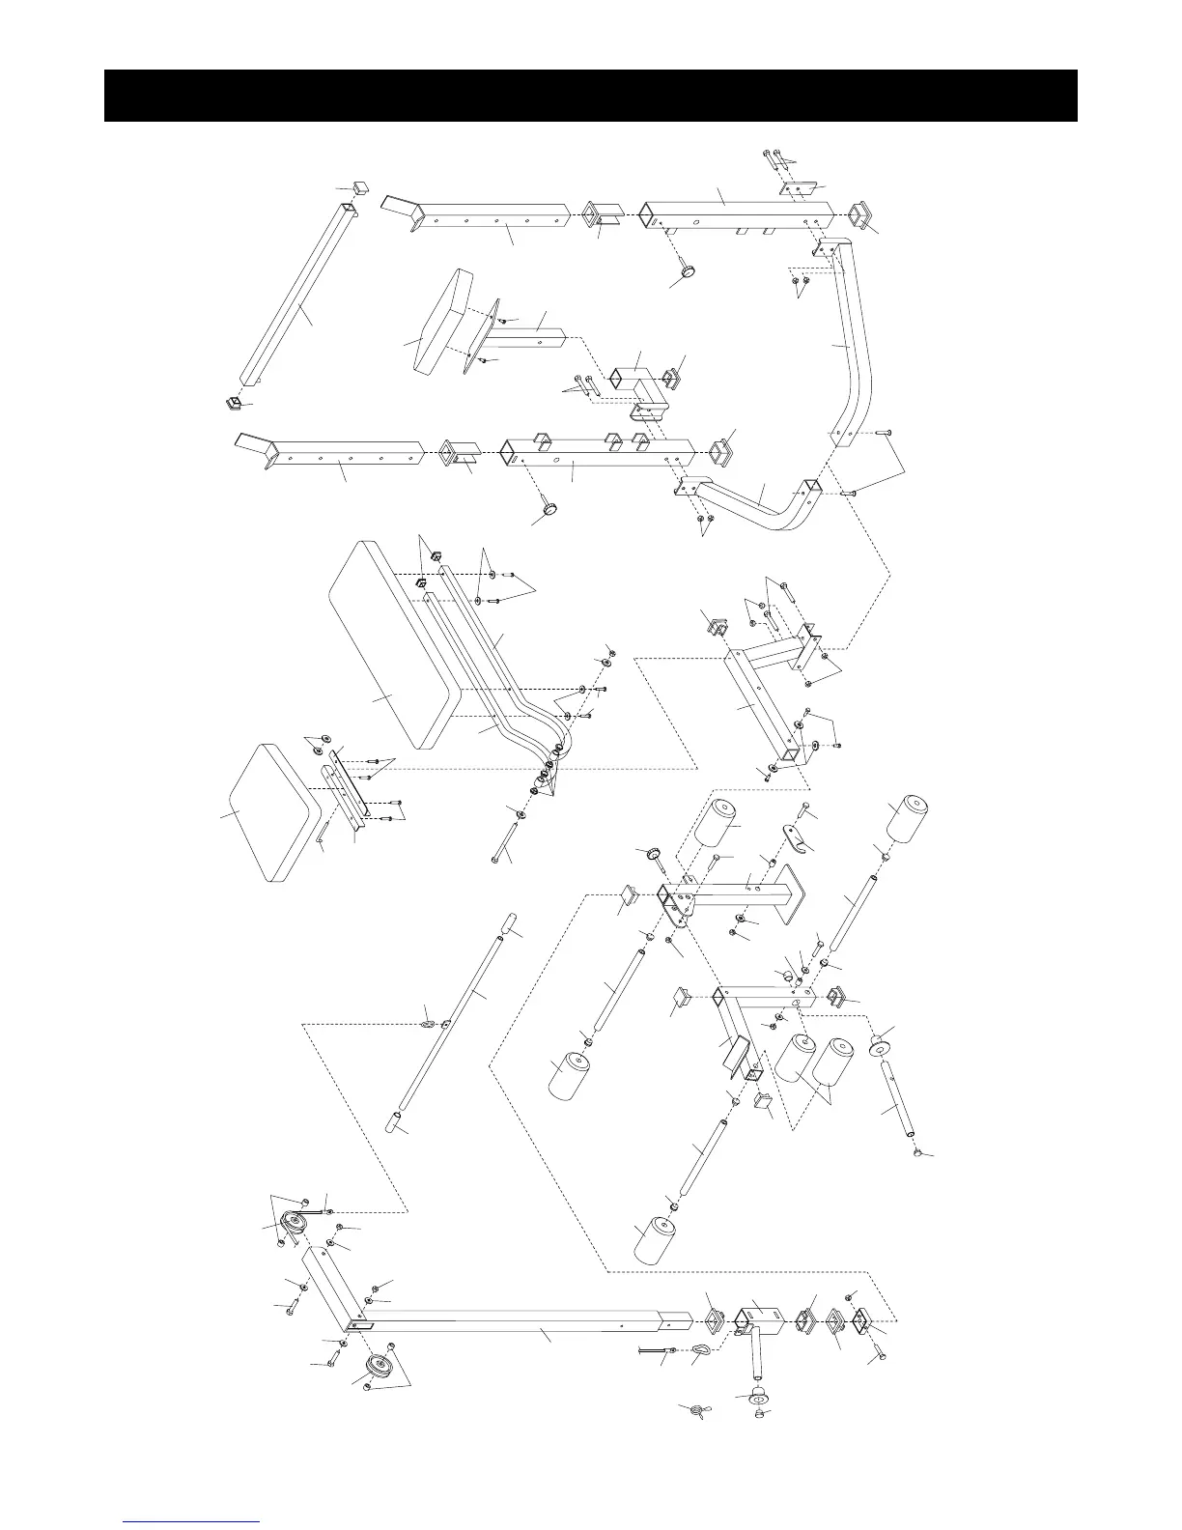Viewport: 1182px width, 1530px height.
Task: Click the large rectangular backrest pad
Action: pyautogui.click(x=386, y=647)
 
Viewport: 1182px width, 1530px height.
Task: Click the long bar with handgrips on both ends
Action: pyautogui.click(x=454, y=1024)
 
